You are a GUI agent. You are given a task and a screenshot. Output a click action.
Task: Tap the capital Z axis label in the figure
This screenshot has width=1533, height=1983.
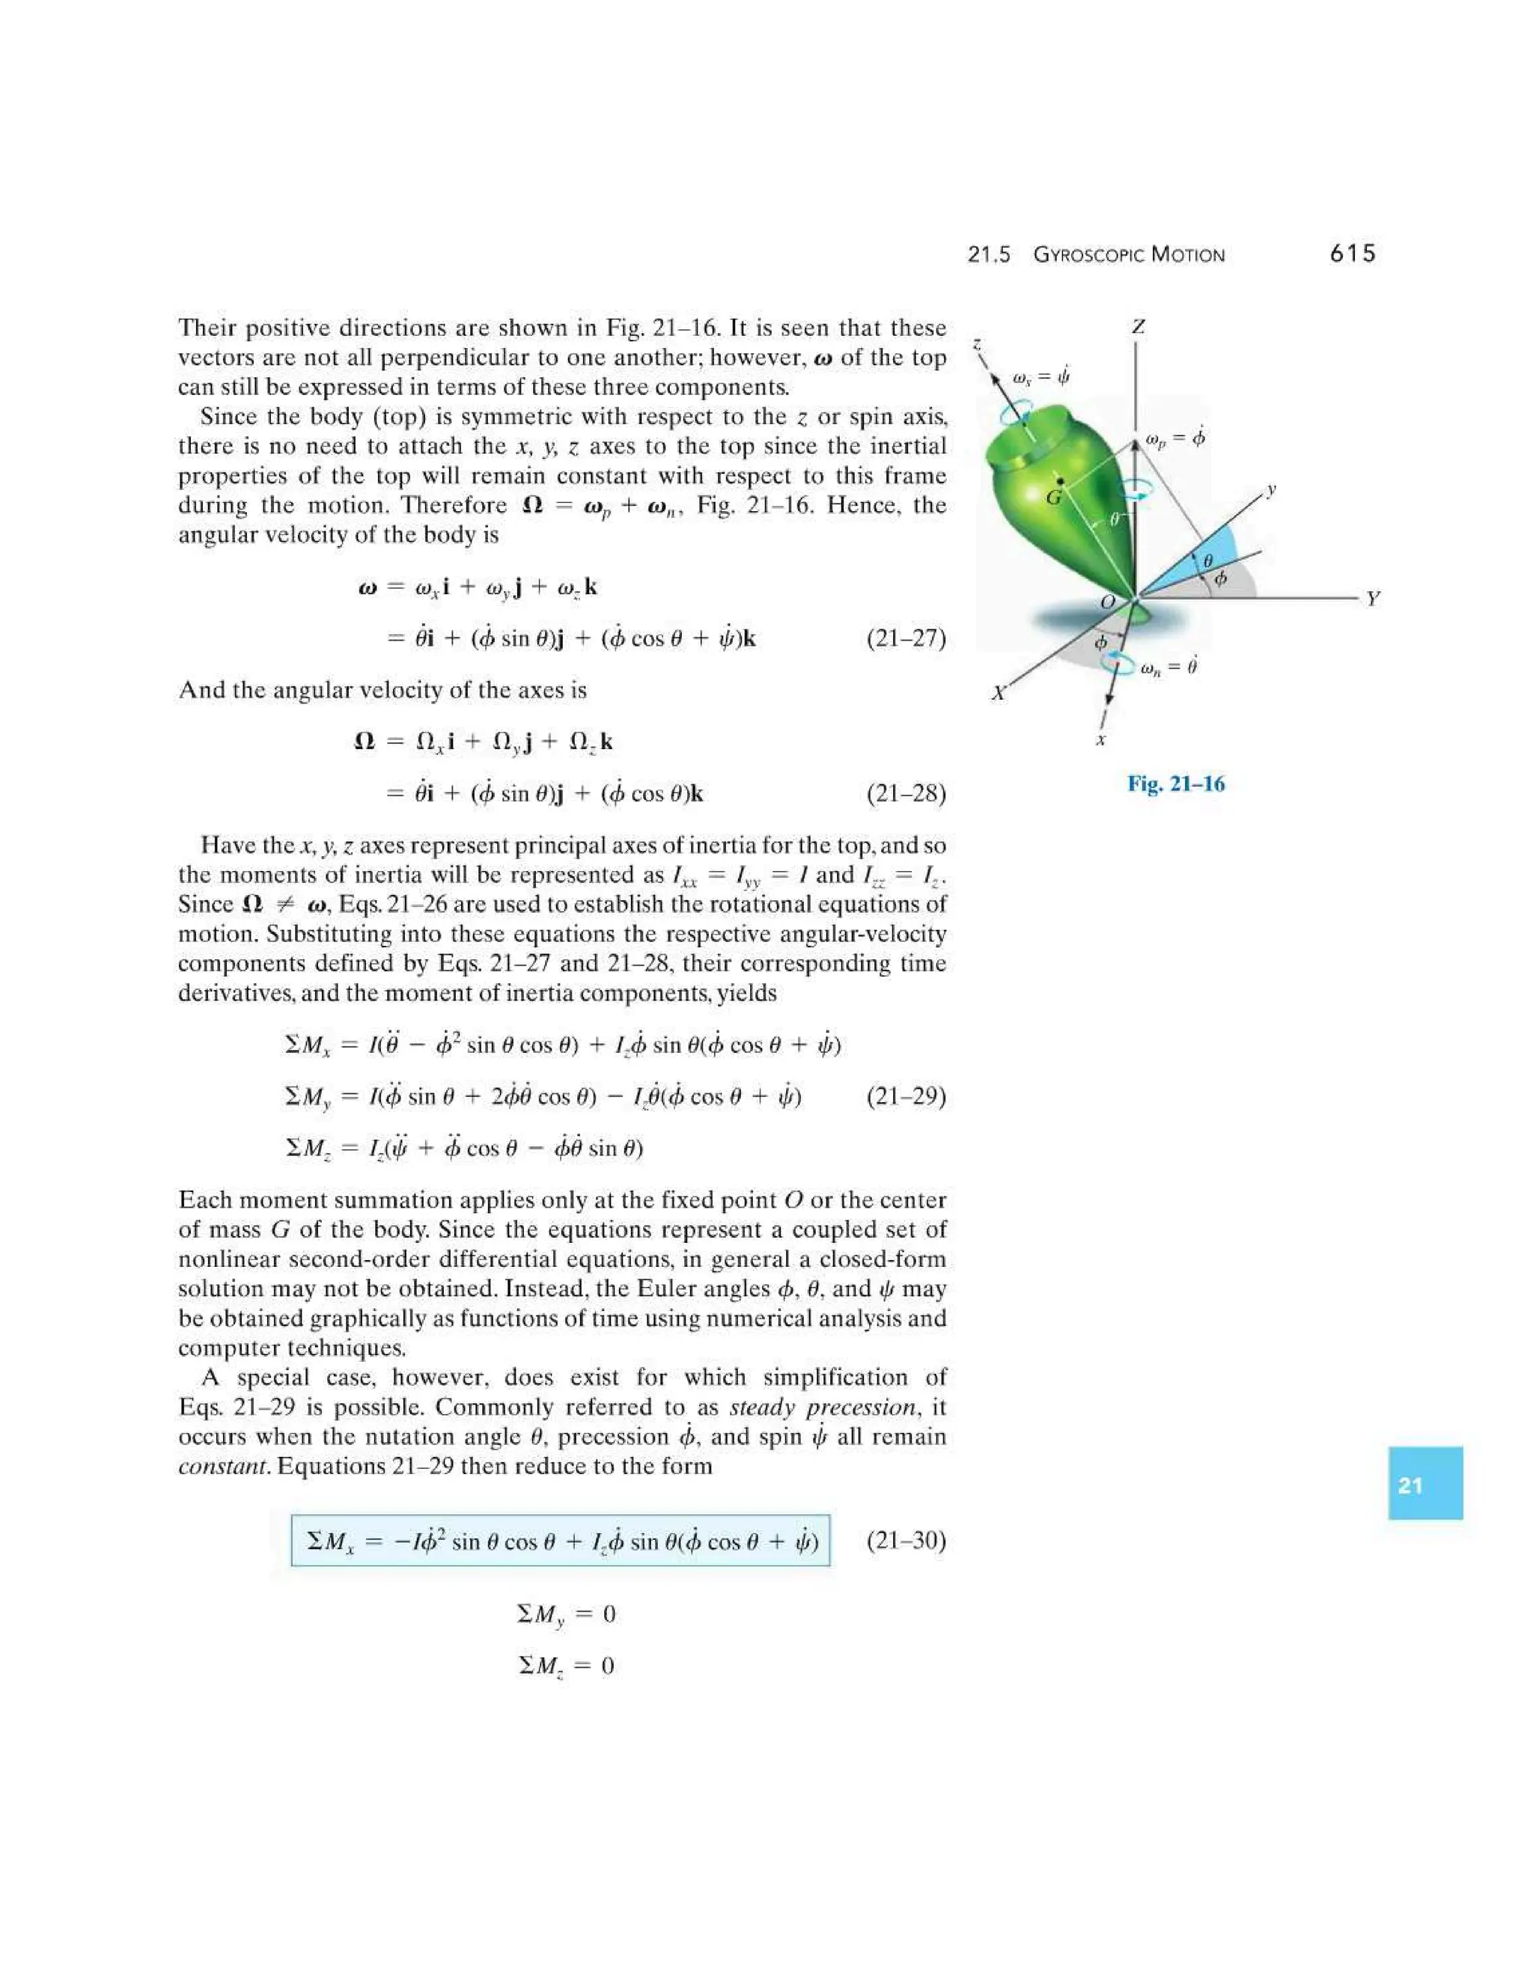coord(1138,326)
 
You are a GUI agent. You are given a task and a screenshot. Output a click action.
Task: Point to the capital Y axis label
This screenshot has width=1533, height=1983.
coord(1372,599)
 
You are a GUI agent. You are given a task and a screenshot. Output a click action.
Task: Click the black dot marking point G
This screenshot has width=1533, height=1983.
coord(1060,480)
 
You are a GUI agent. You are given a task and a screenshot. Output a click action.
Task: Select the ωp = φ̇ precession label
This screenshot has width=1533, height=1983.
coord(1175,439)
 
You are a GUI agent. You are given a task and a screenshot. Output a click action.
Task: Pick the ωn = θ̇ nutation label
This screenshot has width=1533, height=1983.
coord(1168,667)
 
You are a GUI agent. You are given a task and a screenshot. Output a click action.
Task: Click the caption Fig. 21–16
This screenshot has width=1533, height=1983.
coord(1175,783)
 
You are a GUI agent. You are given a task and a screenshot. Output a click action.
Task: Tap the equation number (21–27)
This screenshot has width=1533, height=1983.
coord(906,639)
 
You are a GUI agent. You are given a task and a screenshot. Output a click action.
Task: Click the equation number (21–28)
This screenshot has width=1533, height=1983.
coord(906,795)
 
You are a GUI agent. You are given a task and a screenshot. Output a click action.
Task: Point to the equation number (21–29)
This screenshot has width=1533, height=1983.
coord(906,1097)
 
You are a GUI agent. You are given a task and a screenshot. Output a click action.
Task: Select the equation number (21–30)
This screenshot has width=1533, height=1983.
coord(906,1540)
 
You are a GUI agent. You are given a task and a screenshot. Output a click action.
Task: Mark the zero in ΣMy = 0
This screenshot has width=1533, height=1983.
coord(609,1614)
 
